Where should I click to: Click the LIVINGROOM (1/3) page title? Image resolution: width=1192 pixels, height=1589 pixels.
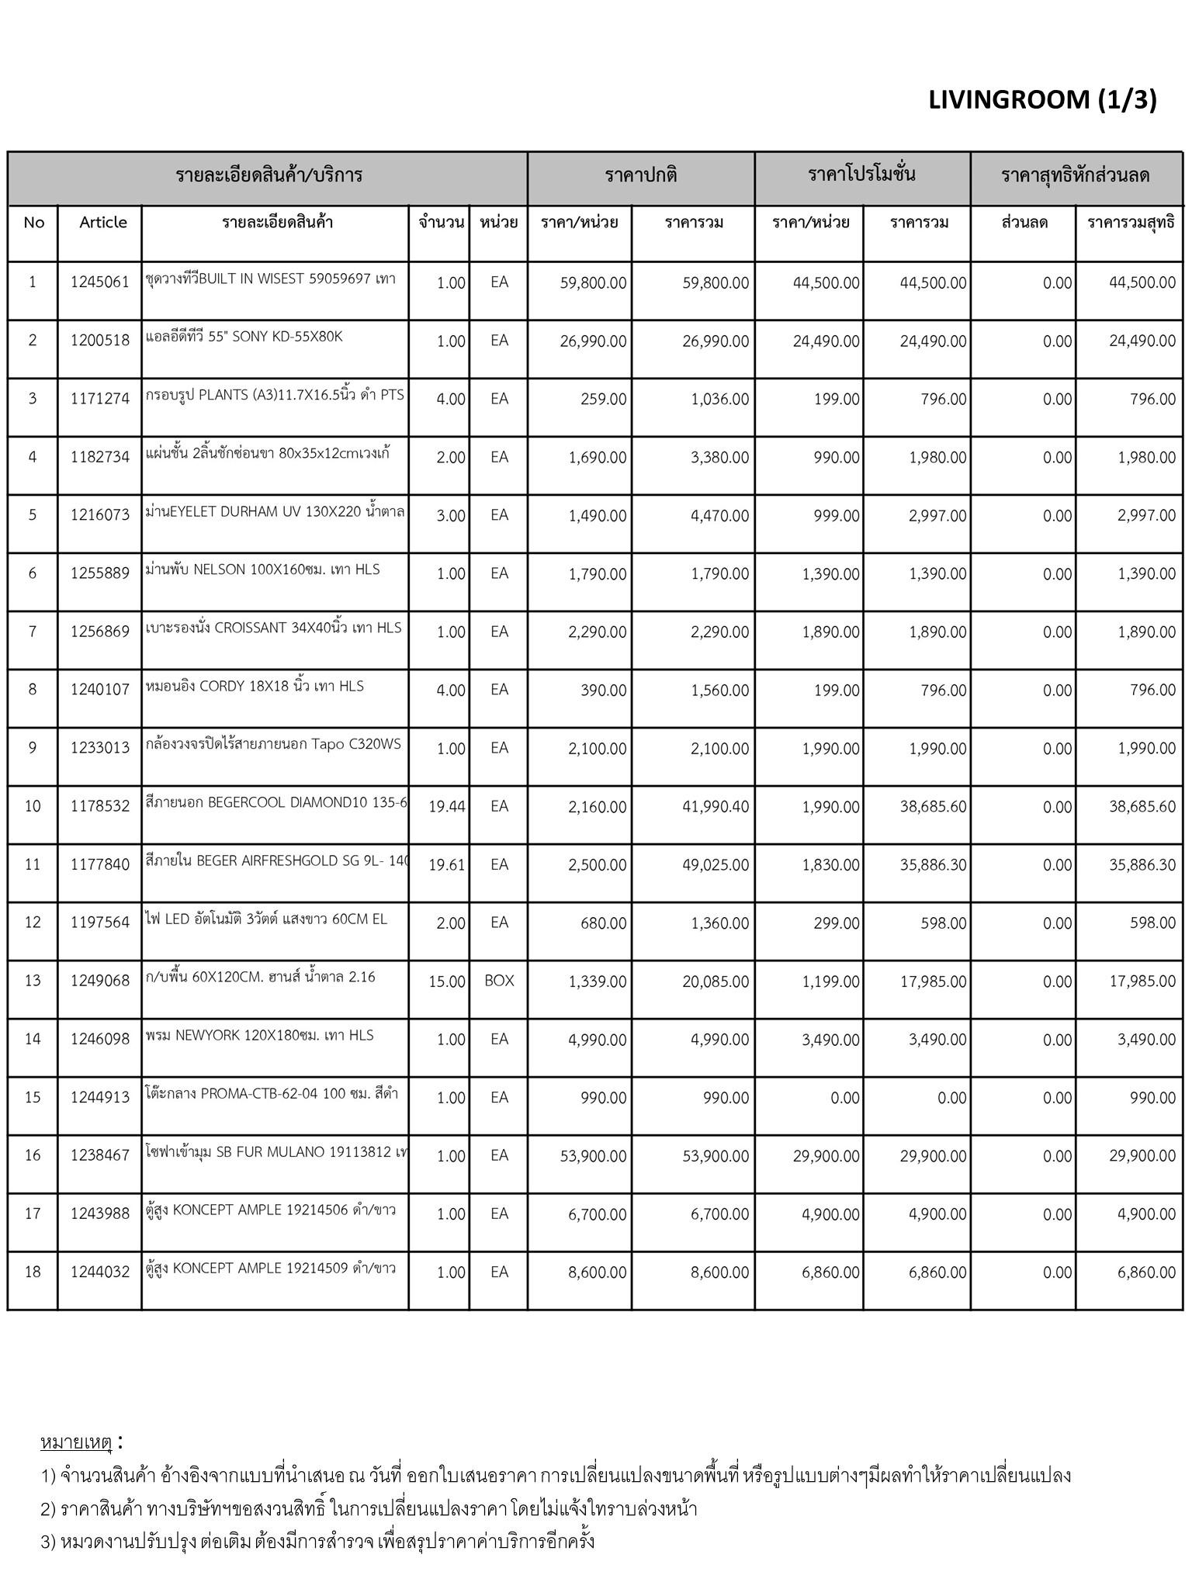point(1041,100)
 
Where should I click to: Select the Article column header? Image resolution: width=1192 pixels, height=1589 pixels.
point(102,223)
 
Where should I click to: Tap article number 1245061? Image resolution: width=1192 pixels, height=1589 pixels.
point(99,282)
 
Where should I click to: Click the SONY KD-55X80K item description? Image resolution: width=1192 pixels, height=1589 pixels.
point(244,337)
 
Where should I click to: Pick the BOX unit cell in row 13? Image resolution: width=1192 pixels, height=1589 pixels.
point(499,981)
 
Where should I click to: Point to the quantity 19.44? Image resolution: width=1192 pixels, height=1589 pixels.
point(446,807)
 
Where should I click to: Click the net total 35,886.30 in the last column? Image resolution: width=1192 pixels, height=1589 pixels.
point(1142,865)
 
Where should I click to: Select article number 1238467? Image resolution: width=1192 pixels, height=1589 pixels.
point(99,1155)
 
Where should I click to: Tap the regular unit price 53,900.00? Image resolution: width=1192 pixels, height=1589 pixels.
point(593,1156)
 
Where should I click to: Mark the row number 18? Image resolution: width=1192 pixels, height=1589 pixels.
point(33,1272)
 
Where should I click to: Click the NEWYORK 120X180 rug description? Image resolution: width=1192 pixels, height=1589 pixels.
point(259,1035)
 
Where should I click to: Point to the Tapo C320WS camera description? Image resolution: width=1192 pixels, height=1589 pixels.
point(273,744)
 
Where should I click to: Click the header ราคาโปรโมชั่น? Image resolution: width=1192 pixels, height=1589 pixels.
point(861,174)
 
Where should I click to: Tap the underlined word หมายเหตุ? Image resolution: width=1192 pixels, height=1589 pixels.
point(77,1442)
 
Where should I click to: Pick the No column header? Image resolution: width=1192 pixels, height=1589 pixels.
point(33,223)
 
